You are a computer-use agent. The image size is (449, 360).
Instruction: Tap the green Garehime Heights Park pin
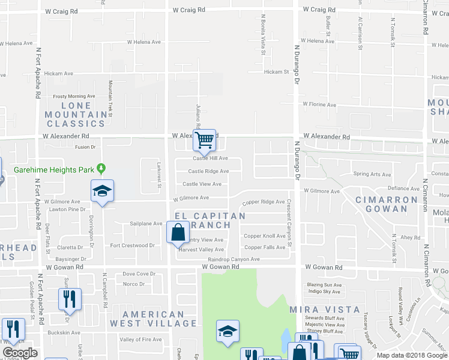(101, 169)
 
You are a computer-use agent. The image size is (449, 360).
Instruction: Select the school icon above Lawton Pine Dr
(103, 191)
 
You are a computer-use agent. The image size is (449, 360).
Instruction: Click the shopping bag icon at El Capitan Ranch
(178, 232)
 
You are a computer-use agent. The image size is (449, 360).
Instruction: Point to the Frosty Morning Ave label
(74, 96)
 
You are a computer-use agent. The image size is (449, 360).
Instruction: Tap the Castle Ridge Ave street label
(208, 171)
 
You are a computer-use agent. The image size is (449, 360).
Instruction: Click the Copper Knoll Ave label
(265, 236)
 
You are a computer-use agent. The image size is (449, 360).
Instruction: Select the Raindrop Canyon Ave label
(234, 259)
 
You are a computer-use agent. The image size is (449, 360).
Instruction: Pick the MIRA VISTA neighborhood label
(333, 310)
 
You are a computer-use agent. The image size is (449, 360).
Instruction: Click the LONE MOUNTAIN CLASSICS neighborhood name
(76, 115)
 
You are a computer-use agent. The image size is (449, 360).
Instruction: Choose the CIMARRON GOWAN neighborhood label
(386, 204)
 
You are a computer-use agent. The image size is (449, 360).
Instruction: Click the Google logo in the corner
(20, 353)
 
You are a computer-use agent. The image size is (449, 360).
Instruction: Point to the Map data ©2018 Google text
(412, 355)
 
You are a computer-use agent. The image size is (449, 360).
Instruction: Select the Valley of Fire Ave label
(140, 340)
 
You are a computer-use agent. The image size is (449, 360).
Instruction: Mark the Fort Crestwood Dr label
(133, 245)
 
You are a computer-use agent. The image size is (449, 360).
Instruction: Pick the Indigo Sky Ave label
(324, 292)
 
